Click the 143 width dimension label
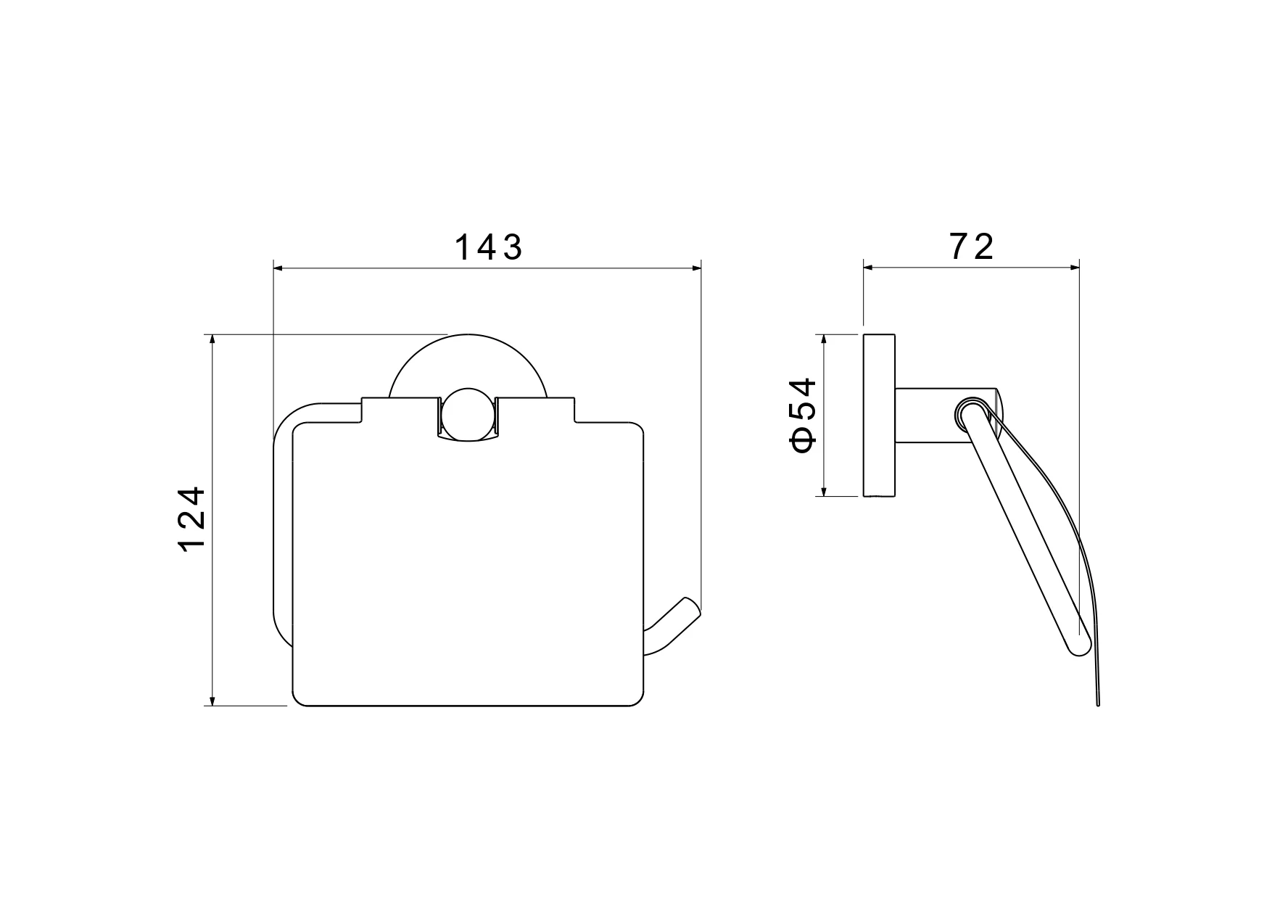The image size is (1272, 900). pyautogui.click(x=488, y=247)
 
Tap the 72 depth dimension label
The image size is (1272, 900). pyautogui.click(x=971, y=247)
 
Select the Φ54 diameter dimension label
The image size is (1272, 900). pyautogui.click(x=804, y=415)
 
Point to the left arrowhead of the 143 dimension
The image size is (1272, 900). pyautogui.click(x=278, y=269)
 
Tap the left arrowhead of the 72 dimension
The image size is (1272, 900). pyautogui.click(x=869, y=267)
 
